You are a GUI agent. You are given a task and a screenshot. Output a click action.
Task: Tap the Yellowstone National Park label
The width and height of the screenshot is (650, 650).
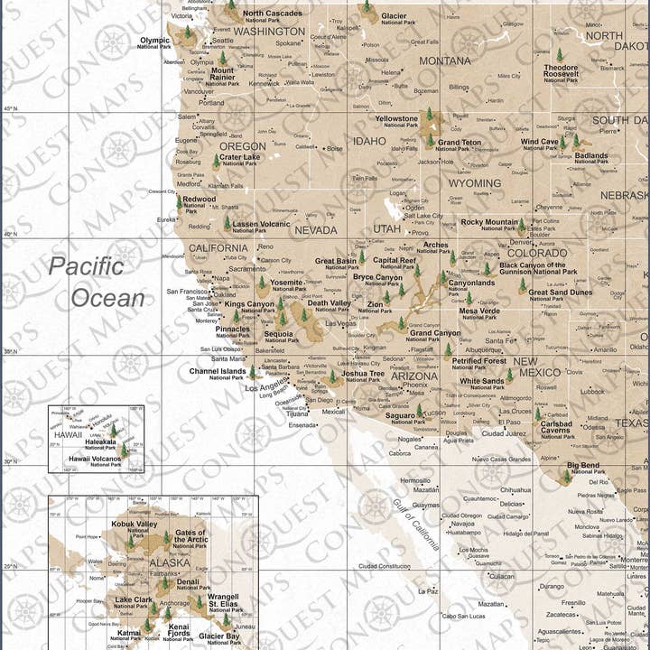point(396,122)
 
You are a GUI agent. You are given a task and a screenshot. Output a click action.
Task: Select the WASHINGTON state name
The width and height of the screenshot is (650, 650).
point(269,31)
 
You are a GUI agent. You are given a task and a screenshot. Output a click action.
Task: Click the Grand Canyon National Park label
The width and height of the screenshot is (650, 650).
point(435,337)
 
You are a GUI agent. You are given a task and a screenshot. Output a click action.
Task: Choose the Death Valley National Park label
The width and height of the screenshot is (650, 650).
point(329,307)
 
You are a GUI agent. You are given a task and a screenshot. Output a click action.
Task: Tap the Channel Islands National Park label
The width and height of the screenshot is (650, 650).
point(218,374)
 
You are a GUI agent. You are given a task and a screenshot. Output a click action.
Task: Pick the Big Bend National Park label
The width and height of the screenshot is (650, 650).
point(583,469)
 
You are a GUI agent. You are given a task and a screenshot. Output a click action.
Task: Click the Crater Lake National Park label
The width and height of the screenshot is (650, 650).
point(239,160)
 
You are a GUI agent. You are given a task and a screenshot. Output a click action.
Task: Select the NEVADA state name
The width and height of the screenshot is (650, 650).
point(315,230)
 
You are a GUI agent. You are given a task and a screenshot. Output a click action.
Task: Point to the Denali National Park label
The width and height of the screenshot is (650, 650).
point(188,586)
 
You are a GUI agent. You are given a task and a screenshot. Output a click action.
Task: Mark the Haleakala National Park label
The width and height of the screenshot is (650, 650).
point(100,444)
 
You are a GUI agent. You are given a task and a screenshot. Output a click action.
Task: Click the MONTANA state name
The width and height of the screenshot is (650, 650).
point(444,60)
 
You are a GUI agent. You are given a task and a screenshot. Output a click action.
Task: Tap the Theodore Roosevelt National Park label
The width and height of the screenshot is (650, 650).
point(561,73)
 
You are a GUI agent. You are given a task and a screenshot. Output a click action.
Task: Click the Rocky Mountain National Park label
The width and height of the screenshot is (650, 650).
point(489,225)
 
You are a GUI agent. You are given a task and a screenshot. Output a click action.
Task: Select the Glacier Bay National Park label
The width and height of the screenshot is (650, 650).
point(219,639)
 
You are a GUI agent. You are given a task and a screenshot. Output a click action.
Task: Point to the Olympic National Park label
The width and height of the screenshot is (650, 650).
point(154,42)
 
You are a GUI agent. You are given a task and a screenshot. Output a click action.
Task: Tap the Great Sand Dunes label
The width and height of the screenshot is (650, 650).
point(560,294)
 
